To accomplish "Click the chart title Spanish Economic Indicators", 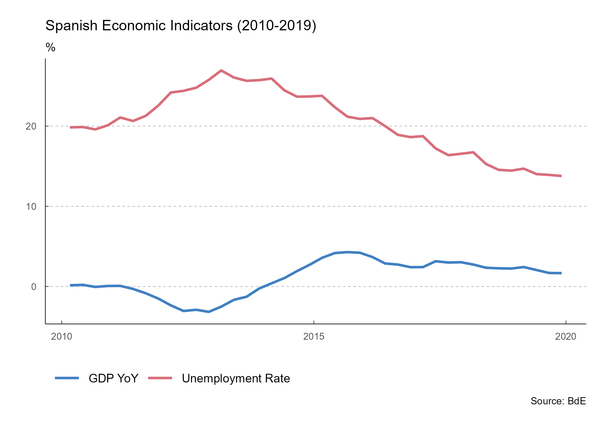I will [x=181, y=26].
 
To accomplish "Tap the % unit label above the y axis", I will [x=50, y=47].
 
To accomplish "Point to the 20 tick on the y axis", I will [x=31, y=126].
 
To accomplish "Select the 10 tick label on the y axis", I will [x=31, y=207].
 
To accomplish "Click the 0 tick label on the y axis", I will [x=34, y=287].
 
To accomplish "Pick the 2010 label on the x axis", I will [x=61, y=337].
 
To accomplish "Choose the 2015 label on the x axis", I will [x=314, y=337].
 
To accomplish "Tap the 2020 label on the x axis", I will [x=566, y=337].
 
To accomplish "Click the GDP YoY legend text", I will [x=113, y=378].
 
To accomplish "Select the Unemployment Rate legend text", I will [x=236, y=378].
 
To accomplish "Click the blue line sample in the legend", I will [x=67, y=378].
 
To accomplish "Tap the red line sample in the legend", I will [x=160, y=378].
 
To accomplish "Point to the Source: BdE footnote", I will [x=558, y=401].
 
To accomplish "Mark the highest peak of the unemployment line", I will [x=221, y=70].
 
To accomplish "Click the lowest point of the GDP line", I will [x=209, y=312].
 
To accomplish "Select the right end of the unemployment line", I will [x=561, y=176].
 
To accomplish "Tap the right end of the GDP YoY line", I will [x=561, y=273].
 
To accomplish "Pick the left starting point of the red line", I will [x=71, y=127].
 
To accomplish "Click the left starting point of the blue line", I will [x=71, y=285].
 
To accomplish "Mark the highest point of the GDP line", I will [x=348, y=252].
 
